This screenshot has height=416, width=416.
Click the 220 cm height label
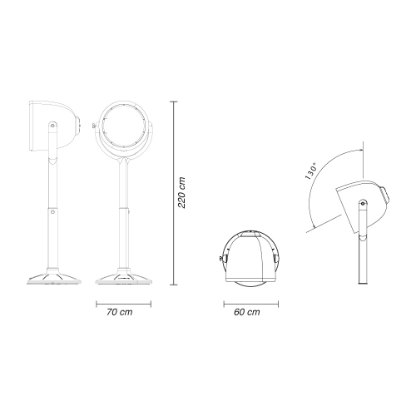coord(181,192)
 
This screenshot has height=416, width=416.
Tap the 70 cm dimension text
coord(120,312)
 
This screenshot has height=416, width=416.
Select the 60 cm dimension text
coord(247,312)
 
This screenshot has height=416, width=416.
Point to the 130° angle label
coord(311,171)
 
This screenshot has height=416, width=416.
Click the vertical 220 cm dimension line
coord(174,193)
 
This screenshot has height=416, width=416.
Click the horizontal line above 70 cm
coord(123,304)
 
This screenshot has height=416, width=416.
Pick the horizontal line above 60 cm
coord(251,304)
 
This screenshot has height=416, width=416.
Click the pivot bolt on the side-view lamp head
coord(52,125)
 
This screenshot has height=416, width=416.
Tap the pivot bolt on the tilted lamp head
coord(363,204)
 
